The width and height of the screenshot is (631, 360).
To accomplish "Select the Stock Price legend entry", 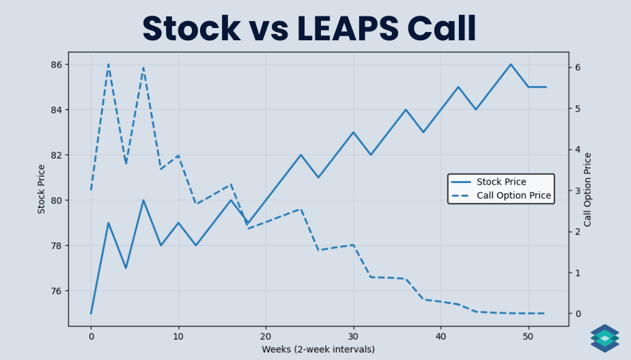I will tap(501, 182).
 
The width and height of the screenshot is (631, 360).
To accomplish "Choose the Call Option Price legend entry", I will tap(514, 195).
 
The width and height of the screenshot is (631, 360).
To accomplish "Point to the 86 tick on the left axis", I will tap(55, 64).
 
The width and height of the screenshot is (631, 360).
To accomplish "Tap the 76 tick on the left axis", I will tap(55, 291).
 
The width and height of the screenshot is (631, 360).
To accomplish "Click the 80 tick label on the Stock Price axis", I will tap(55, 200).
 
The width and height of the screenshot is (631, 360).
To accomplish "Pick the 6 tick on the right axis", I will tap(578, 67).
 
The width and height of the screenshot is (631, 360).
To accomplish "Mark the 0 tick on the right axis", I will tap(578, 314).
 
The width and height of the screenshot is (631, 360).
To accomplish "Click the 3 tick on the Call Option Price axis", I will tap(578, 191).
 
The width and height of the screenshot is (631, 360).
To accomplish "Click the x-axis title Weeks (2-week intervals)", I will tap(318, 349).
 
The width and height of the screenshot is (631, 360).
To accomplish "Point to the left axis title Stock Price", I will tap(42, 189).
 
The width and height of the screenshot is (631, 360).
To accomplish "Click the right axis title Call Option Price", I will tap(587, 189).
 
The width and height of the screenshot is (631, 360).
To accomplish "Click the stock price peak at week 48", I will tap(511, 64).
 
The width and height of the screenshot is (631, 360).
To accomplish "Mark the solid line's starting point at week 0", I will tap(91, 314).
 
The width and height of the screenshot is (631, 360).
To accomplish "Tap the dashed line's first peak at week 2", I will tap(109, 64).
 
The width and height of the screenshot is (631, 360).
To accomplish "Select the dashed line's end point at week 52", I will tap(546, 314).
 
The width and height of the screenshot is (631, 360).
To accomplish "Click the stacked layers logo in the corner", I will tap(604, 338).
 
